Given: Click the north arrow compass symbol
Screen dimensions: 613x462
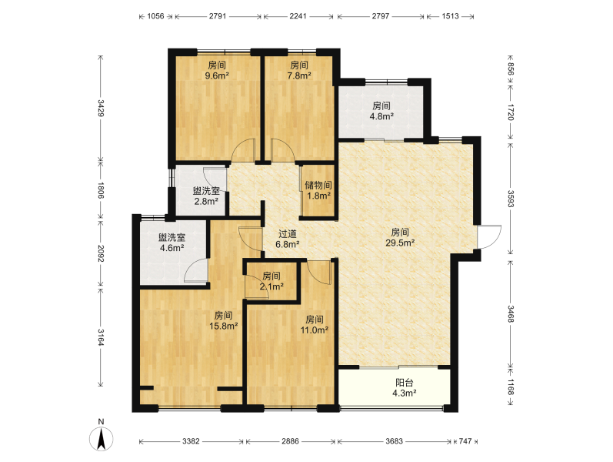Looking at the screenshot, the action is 102,438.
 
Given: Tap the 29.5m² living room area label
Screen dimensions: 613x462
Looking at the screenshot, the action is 400,238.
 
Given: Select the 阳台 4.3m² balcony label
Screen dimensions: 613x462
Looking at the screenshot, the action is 405,388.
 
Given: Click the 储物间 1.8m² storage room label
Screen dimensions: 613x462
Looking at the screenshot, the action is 318,190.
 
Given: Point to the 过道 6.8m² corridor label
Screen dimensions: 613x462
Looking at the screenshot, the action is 288,239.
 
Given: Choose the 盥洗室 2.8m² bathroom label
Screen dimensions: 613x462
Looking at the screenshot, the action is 206,196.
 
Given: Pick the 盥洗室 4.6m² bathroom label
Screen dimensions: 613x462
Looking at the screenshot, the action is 172,243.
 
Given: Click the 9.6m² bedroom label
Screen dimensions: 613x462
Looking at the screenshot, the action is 217,71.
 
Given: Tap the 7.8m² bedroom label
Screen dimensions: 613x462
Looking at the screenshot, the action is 299,71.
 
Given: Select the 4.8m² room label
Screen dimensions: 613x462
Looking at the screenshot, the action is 381,111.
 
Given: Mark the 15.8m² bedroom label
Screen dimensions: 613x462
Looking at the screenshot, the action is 223,320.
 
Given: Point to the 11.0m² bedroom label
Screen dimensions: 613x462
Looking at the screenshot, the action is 314,325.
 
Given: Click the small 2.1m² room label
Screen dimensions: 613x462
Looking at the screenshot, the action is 272,281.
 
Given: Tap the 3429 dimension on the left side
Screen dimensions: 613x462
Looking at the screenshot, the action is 101,108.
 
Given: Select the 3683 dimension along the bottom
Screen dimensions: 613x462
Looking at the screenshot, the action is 394,441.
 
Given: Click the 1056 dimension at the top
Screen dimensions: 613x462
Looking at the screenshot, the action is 155,16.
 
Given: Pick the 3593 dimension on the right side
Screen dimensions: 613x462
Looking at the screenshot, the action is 511,199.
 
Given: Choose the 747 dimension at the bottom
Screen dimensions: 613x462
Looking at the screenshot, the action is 465,441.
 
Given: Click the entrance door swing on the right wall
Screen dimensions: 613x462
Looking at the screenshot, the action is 489,236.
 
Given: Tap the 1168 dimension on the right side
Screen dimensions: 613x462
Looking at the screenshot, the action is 511,386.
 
